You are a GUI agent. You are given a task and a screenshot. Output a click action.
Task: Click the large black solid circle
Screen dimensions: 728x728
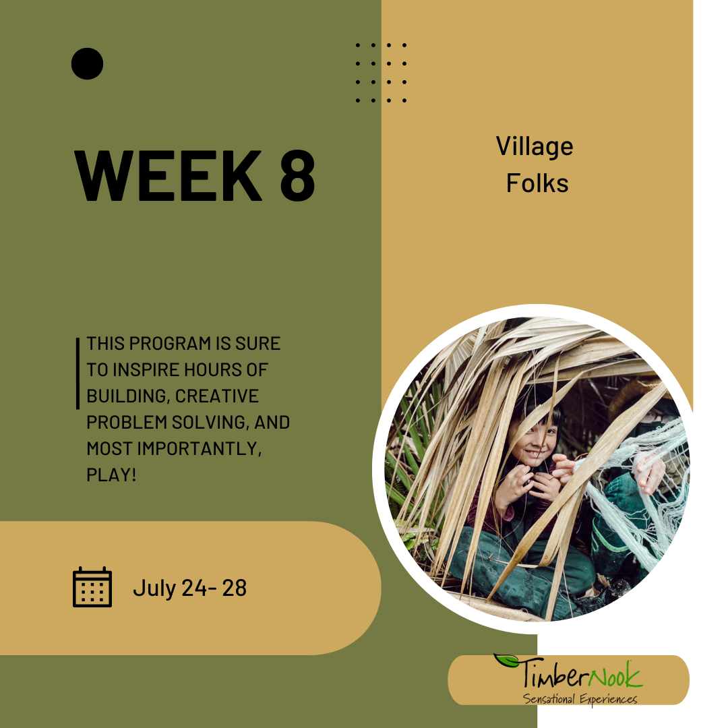[x=87, y=63]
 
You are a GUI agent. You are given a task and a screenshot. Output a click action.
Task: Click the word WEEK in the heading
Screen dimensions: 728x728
[x=169, y=176]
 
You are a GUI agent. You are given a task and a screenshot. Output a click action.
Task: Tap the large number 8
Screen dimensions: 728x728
[x=298, y=176]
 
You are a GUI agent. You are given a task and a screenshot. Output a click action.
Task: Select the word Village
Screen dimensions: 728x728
[x=535, y=147]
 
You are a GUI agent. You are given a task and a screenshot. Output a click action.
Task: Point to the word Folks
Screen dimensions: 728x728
[x=537, y=183]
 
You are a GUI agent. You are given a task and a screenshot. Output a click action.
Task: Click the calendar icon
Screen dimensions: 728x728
[x=92, y=587]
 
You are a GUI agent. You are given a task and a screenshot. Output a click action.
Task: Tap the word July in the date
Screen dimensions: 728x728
[x=154, y=588]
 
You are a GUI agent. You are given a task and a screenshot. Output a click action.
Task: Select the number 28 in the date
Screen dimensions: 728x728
[x=234, y=588]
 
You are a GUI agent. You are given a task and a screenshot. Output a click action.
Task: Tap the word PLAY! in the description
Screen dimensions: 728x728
[x=111, y=475]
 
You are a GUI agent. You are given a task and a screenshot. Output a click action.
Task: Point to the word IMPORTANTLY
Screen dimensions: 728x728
[x=199, y=449]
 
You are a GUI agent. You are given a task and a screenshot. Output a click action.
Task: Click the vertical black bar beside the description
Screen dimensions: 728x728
[x=78, y=373]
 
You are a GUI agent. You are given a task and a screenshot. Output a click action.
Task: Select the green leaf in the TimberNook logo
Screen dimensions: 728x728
[x=506, y=661]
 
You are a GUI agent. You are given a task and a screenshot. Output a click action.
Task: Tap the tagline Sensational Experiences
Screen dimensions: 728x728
[x=580, y=699]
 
